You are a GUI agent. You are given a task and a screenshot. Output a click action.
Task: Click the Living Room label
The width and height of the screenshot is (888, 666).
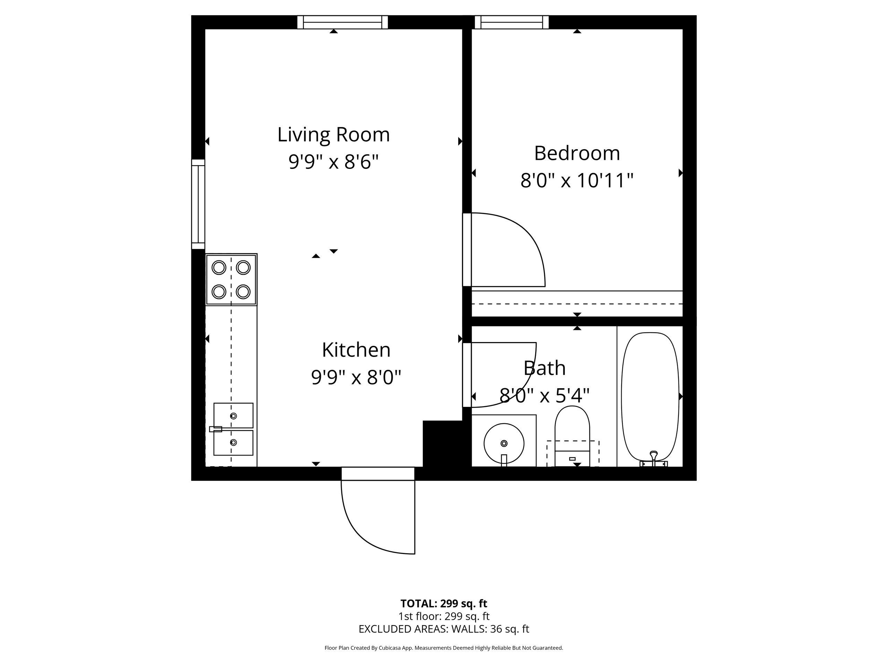[333, 135]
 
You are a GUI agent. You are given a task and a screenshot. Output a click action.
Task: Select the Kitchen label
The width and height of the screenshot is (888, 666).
[356, 350]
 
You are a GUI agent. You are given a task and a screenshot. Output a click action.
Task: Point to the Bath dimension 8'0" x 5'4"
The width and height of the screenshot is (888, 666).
[544, 396]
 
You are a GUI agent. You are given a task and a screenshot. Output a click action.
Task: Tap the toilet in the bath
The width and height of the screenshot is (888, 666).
[572, 436]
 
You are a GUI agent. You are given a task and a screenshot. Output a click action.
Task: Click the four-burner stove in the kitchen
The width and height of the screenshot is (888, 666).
[231, 279]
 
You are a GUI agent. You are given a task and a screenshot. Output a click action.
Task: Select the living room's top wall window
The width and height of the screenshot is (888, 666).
[342, 22]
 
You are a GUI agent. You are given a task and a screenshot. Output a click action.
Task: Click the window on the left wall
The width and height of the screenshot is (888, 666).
[198, 204]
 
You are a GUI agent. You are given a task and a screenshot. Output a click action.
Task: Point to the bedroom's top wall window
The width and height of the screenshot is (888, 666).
[511, 22]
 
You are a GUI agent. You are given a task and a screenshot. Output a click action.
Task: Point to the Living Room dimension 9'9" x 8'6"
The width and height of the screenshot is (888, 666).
[333, 162]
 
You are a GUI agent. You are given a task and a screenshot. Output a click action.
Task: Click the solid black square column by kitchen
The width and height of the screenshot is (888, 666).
[443, 444]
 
